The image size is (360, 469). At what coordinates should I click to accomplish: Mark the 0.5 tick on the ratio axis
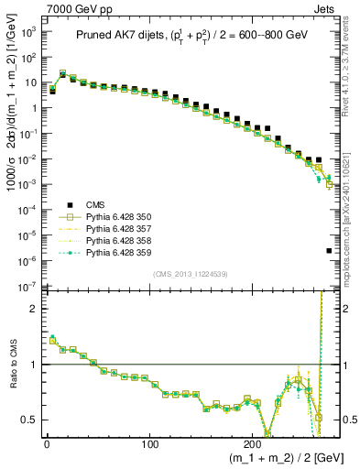tap(31, 420)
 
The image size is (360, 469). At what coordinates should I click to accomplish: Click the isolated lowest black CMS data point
tap(329, 251)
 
